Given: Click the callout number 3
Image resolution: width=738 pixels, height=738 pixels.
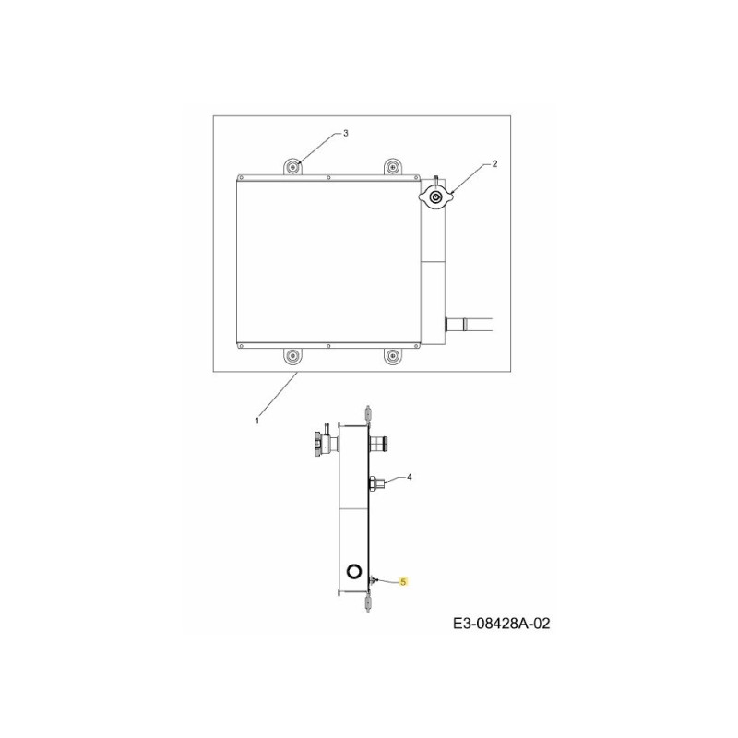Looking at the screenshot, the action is (x=345, y=133).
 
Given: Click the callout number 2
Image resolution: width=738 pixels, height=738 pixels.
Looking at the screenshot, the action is (x=494, y=164).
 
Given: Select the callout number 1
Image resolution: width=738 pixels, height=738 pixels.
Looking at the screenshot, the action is (x=256, y=421).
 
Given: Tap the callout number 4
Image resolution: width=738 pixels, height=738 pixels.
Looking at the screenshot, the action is (x=410, y=477).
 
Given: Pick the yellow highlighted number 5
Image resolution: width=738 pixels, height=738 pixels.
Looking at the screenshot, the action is (x=403, y=582).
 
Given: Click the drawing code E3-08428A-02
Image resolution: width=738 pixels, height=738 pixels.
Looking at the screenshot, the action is (x=501, y=624).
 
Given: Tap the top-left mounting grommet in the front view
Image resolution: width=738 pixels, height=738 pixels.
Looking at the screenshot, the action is (x=292, y=167).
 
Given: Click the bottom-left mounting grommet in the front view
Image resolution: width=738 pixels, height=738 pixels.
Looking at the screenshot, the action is (x=292, y=356).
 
